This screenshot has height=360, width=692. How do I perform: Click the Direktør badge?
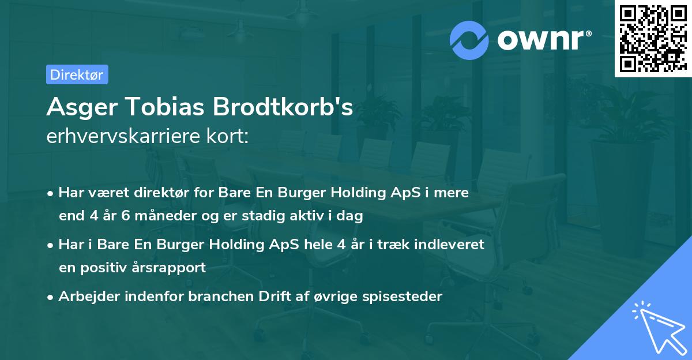[77, 74]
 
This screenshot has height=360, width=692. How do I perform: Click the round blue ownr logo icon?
[470, 39]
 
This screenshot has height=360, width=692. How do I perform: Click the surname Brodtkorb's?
[283, 107]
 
